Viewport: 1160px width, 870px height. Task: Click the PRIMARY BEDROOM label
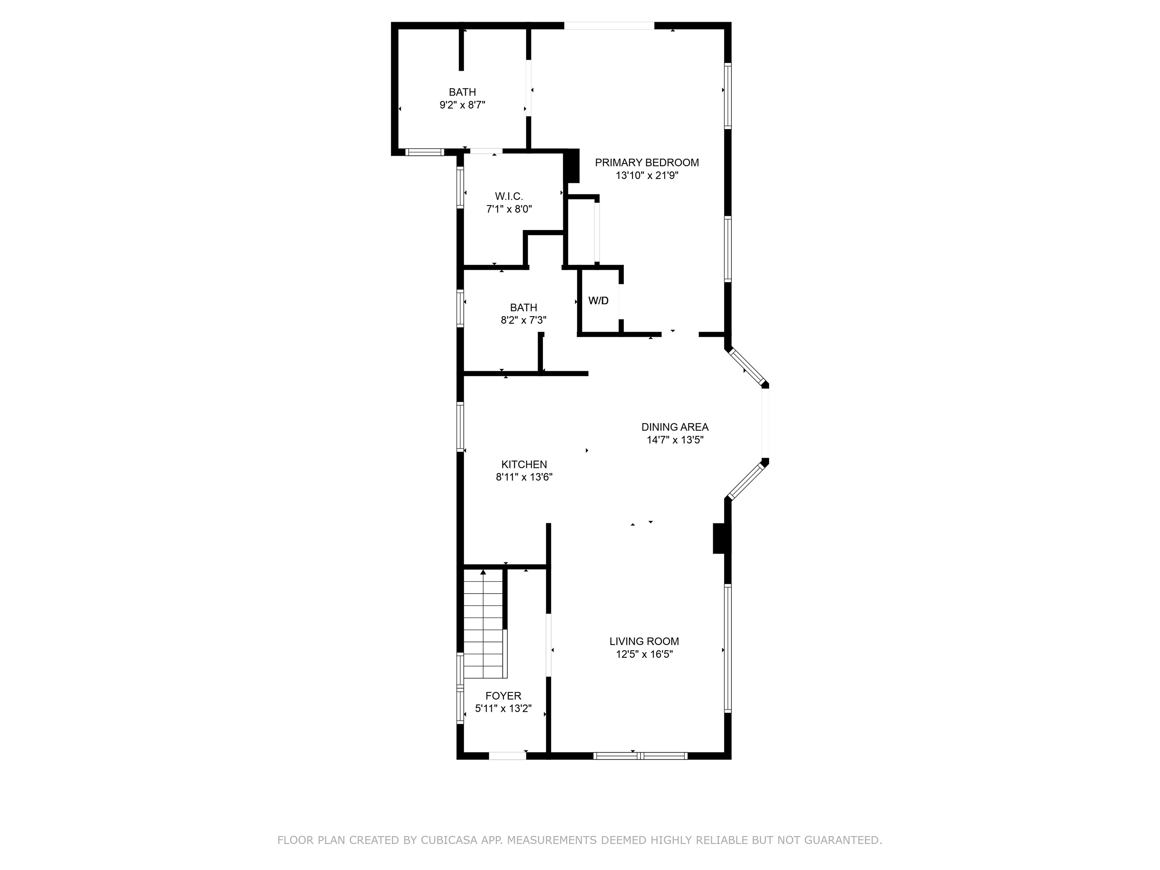tap(646, 163)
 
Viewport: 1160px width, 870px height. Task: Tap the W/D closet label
tap(599, 301)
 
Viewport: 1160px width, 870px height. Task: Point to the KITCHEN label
tap(524, 464)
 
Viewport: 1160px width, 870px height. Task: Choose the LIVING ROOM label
tap(644, 641)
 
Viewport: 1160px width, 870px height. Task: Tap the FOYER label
tap(503, 696)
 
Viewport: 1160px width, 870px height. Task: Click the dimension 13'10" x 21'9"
tap(646, 176)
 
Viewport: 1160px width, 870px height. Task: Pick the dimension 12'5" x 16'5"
tap(644, 654)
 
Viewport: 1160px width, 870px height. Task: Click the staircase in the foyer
tap(483, 624)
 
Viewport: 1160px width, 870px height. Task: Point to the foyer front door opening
tap(507, 756)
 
